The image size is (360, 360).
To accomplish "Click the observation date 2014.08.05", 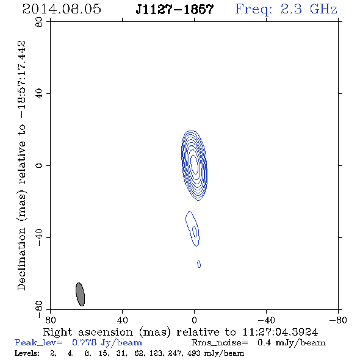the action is click(62, 9).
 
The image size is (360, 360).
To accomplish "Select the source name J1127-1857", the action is click(175, 9).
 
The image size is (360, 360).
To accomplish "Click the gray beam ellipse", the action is click(80, 294).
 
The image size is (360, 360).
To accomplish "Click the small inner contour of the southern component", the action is click(195, 231).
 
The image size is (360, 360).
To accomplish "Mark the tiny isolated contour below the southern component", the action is click(199, 264).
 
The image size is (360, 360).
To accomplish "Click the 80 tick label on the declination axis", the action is click(39, 22).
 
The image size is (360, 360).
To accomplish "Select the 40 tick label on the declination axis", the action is click(39, 94).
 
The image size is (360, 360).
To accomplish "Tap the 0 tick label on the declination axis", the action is click(39, 165).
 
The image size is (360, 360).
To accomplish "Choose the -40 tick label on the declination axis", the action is click(39, 237).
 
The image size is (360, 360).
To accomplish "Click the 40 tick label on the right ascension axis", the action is click(122, 320).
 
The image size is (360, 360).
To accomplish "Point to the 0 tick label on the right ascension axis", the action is click(194, 320).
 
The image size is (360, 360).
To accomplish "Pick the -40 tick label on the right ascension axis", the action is click(266, 320).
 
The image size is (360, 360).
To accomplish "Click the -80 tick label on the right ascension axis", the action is click(338, 320).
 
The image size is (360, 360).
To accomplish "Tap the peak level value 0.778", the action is click(84, 342).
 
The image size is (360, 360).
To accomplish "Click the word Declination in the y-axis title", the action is click(21, 259).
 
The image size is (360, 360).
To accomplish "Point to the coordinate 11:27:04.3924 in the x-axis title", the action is click(280, 332).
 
